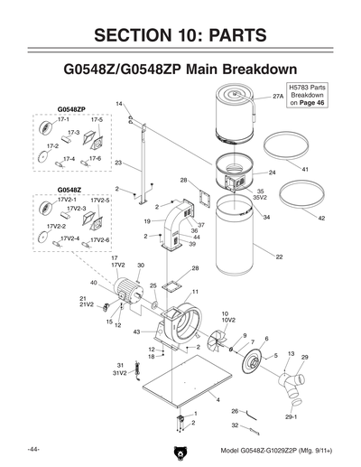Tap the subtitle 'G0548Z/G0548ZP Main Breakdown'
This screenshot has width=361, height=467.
(x=180, y=70)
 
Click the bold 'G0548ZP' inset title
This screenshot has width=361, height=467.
(x=71, y=108)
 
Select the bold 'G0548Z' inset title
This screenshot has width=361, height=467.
(x=69, y=190)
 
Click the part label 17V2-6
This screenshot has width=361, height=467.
(x=99, y=240)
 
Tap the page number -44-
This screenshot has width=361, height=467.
(x=32, y=449)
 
